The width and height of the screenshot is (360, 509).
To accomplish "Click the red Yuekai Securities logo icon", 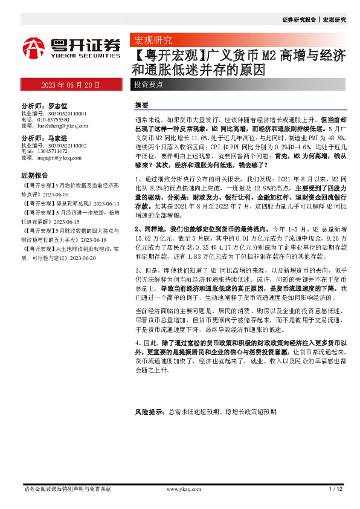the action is pos(34,47).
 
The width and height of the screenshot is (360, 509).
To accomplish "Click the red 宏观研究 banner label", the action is pos(152,41).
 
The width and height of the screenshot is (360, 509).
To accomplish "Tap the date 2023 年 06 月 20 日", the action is pos(70,85).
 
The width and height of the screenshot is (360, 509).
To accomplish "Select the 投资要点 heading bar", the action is pos(149,85).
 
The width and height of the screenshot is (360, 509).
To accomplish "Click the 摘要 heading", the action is pos(142,105).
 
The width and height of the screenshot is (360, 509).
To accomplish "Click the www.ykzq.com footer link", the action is pos(179,488).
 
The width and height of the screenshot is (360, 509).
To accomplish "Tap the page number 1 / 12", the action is pos(336,488).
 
